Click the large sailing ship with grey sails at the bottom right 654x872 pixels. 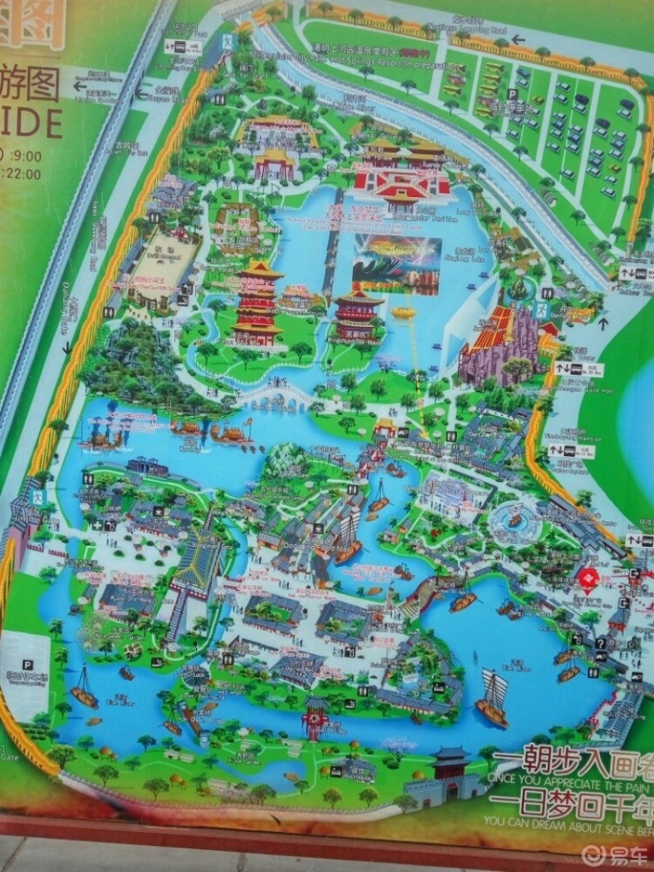click(493, 699)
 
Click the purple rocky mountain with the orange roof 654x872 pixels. click(500, 343)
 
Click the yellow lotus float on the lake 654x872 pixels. click(401, 313)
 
